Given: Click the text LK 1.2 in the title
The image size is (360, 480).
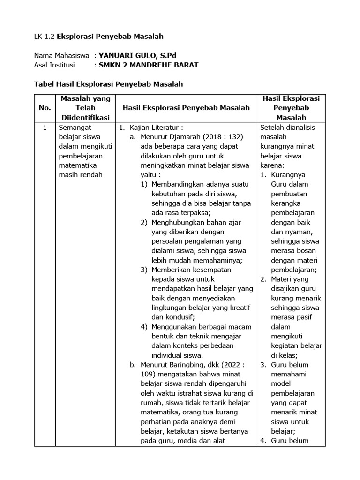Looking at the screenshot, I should (x=45, y=36).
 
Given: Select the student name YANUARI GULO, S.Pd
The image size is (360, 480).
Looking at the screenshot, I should (x=138, y=56).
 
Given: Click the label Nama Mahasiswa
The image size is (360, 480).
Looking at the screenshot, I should (x=62, y=56).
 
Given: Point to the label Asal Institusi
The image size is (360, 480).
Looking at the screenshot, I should (x=54, y=65).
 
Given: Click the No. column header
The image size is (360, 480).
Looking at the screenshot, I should (x=45, y=108).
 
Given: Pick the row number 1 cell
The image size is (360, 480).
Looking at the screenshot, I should (x=45, y=127).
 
